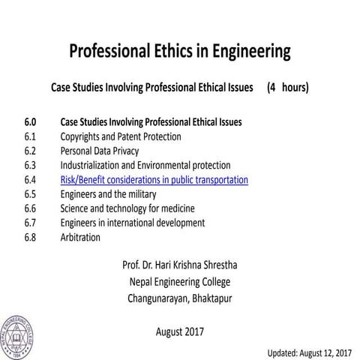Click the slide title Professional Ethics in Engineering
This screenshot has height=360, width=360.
[179, 52]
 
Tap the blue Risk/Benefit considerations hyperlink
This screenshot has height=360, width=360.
[154, 180]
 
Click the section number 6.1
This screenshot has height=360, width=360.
[30, 137]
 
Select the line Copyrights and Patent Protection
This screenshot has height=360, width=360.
[120, 137]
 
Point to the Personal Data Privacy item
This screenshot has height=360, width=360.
[99, 151]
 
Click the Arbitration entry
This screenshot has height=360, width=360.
[79, 237]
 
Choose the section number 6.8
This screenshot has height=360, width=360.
[30, 237]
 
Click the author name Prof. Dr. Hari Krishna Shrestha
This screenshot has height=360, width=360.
[179, 265]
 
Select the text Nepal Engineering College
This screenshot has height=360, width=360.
[179, 282]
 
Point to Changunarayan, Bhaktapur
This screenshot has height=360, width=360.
[179, 299]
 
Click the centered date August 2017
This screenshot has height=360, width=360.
[179, 331]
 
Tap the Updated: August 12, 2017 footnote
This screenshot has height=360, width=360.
[310, 352]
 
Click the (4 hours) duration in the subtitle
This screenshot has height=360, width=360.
[287, 88]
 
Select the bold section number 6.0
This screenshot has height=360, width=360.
[30, 122]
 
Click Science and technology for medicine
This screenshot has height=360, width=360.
[124, 208]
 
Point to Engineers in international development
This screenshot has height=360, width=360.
[132, 223]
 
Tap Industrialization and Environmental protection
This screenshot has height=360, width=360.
[145, 166]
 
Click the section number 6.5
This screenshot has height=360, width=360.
[30, 194]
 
